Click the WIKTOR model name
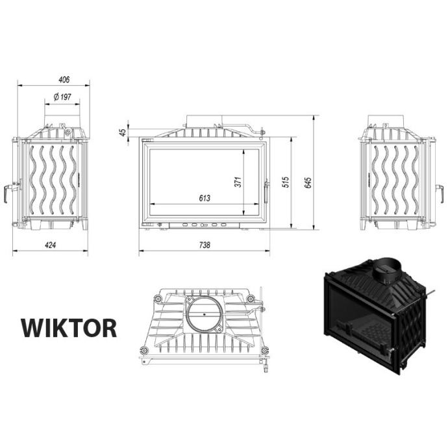69,329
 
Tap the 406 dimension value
64,79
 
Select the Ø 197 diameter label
62,97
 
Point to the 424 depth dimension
50,245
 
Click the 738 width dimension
205,245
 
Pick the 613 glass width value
205,198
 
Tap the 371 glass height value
238,182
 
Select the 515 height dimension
286,182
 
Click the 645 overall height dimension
308,182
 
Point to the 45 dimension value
123,132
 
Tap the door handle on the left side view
6,193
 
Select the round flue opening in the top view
204,314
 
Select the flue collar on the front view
204,121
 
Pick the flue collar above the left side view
62,121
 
